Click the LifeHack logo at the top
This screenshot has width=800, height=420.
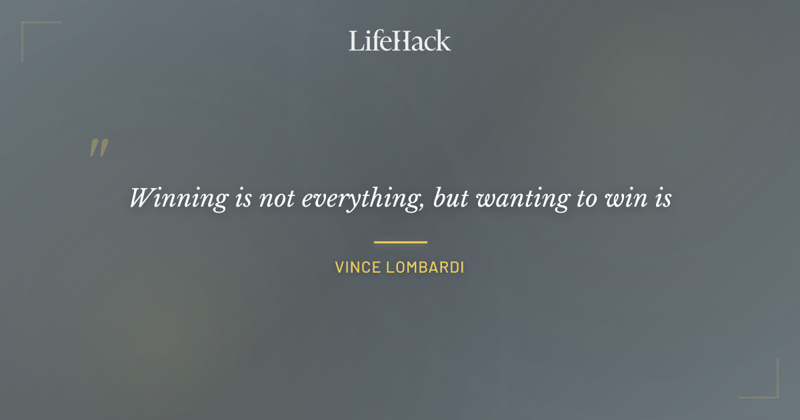coord(400,41)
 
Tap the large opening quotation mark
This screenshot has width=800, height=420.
coord(99,149)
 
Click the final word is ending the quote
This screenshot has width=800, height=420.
coord(661,199)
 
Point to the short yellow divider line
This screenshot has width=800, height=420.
coord(400,242)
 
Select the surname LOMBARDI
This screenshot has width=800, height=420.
coord(424,268)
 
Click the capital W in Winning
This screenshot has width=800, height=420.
coord(142,198)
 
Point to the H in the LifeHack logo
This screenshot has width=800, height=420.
coord(397,41)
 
